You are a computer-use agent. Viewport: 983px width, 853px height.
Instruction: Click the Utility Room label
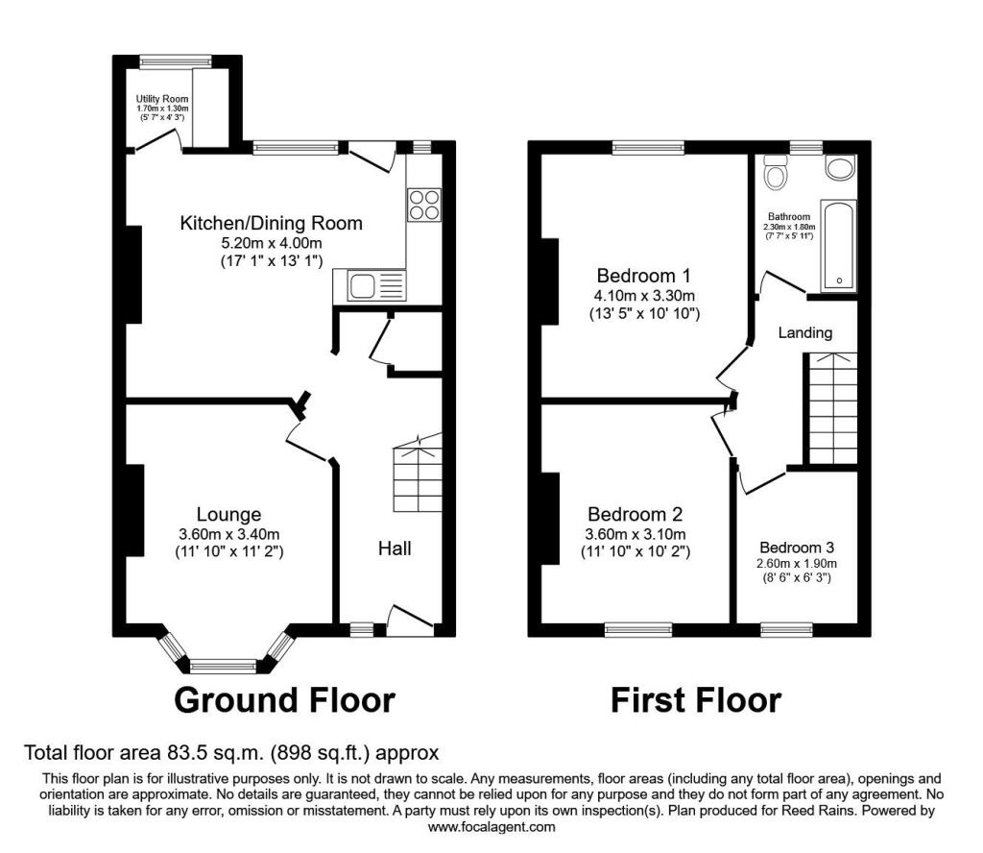tap(162, 99)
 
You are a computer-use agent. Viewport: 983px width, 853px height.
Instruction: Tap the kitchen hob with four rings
tap(424, 206)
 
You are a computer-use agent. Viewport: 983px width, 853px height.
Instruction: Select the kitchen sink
tap(370, 285)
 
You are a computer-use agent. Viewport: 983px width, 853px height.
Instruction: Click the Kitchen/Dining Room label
tap(271, 223)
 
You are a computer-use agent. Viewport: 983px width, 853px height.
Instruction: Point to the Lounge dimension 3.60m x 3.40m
tap(228, 535)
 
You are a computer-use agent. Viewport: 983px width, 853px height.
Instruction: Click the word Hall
tap(395, 548)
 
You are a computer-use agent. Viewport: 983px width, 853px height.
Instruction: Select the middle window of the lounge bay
tap(223, 666)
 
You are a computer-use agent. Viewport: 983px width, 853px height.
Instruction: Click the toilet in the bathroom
tap(776, 173)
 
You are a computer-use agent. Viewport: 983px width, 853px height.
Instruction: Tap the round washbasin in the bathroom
tap(840, 168)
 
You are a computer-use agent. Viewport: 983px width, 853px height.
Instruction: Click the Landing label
tap(805, 333)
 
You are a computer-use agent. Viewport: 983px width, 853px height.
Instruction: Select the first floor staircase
tap(832, 408)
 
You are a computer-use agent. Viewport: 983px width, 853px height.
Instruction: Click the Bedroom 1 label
tap(644, 276)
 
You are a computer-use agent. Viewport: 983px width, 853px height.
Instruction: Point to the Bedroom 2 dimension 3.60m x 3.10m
tap(635, 535)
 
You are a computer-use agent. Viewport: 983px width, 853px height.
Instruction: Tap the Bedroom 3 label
tap(797, 548)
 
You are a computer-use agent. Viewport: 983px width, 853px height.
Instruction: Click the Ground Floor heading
tap(284, 700)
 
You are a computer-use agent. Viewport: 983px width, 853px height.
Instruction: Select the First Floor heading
tap(696, 700)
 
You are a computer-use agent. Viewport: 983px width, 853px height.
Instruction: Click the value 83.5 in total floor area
tap(185, 752)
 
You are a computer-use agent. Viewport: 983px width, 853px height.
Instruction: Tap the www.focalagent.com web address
tap(491, 827)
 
